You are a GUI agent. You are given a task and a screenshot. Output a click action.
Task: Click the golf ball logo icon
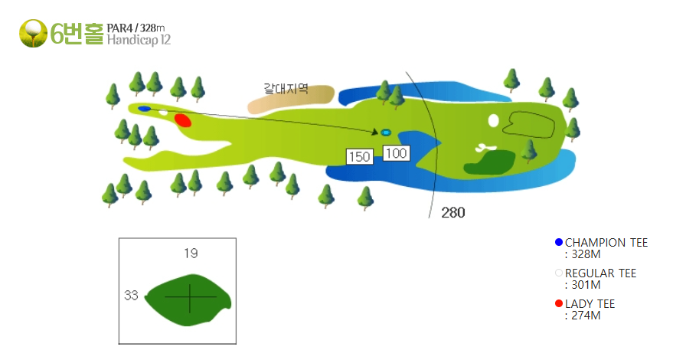(33, 33)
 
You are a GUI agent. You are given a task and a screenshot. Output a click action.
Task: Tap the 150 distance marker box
(360, 156)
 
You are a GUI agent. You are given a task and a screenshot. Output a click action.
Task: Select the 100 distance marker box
(396, 153)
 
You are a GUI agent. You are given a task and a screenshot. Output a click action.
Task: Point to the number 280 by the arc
(453, 212)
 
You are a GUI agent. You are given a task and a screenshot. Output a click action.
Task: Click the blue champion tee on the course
(144, 109)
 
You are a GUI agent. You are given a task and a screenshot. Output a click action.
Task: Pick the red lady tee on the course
(183, 120)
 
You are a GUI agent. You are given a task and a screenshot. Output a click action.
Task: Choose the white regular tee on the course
(163, 113)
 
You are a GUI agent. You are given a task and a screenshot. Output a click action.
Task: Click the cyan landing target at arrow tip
(386, 133)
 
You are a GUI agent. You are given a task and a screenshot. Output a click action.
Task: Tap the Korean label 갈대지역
(286, 89)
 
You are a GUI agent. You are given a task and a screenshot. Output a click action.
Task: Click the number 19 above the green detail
(191, 254)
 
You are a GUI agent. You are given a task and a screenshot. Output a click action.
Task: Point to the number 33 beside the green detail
(132, 295)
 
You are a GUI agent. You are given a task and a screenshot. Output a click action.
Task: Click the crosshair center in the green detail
(190, 297)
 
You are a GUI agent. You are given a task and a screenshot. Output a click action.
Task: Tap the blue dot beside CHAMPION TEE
(559, 242)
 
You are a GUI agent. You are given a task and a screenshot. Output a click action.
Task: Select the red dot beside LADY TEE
(559, 304)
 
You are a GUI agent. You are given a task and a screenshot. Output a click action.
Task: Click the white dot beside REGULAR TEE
(559, 273)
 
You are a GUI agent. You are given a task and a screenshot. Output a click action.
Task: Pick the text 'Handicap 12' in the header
(139, 40)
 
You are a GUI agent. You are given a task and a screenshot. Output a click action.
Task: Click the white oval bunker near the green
(494, 121)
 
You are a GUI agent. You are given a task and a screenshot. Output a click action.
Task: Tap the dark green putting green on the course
(490, 162)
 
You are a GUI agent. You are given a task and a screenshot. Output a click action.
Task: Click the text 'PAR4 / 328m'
(136, 28)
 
